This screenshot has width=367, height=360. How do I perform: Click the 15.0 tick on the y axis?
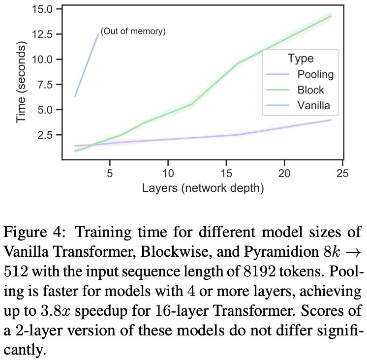coord(46,9)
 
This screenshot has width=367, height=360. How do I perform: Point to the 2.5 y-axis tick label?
coord(48,134)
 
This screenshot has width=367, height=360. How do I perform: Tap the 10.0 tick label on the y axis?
coord(46,59)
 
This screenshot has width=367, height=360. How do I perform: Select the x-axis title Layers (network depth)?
coord(202,188)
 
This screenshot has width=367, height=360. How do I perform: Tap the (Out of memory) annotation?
coord(133,32)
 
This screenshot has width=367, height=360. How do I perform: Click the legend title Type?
coord(301,58)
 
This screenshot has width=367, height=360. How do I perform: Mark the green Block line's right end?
coord(331,16)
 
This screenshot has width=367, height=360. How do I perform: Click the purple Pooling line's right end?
coord(331,120)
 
